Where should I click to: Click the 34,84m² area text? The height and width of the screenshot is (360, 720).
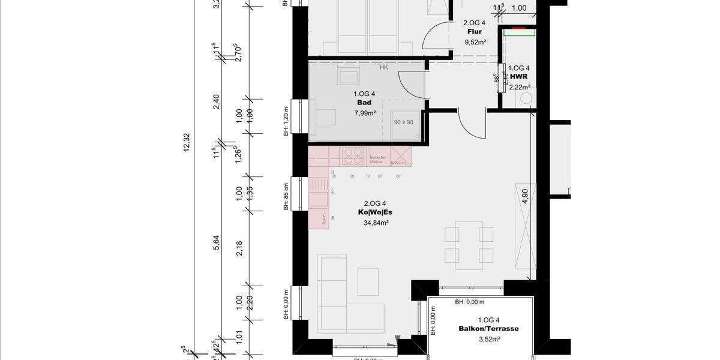point(376,223)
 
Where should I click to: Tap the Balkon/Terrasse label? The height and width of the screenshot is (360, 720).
point(488,329)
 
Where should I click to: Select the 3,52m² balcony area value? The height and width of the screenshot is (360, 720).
point(488,339)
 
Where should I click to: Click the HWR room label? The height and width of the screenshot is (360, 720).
point(518,77)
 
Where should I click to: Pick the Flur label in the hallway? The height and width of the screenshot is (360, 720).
point(475,32)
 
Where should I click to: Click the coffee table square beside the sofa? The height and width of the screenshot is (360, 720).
point(368,281)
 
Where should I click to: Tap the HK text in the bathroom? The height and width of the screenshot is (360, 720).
point(383,68)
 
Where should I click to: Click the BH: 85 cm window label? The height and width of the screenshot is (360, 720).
point(287,196)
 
